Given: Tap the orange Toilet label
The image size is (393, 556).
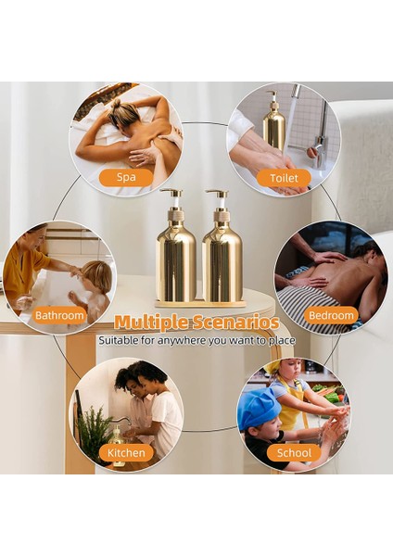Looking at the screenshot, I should click(x=283, y=178).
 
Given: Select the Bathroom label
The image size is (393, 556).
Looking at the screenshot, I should click(x=60, y=315).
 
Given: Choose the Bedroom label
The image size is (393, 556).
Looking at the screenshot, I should click(x=331, y=315).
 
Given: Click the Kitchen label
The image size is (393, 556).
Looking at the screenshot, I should click(x=126, y=452).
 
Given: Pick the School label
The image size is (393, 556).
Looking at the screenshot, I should click(x=294, y=452).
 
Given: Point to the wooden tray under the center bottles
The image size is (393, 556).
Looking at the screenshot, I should click(x=199, y=303).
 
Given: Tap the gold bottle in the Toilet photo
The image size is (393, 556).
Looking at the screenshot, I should click(x=274, y=125).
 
